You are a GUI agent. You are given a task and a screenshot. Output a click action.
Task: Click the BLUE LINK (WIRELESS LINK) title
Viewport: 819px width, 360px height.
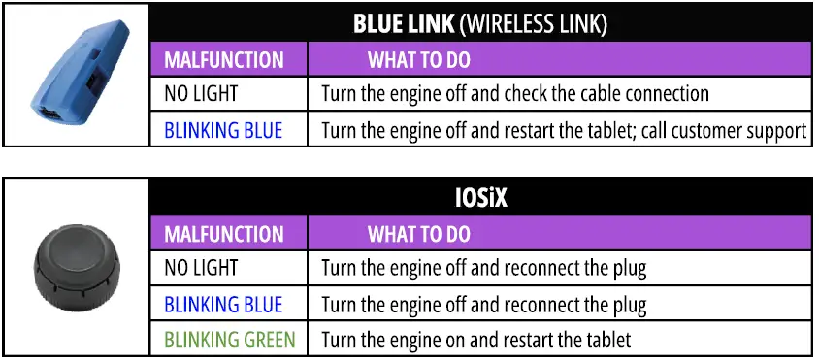click(479, 23)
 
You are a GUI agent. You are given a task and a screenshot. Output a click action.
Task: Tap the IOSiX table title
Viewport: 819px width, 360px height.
click(479, 200)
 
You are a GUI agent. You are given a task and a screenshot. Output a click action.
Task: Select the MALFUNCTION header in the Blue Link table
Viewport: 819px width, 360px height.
click(224, 60)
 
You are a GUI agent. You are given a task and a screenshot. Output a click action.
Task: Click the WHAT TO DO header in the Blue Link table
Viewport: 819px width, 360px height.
click(418, 60)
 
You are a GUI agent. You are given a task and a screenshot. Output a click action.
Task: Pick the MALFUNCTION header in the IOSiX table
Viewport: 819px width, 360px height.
click(224, 235)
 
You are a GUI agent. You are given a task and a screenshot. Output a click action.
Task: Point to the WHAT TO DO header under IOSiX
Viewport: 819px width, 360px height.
click(418, 235)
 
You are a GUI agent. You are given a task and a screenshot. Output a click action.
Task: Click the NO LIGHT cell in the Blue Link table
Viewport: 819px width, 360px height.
click(201, 94)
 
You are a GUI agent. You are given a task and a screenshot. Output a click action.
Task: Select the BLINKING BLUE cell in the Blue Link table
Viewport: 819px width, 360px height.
click(223, 130)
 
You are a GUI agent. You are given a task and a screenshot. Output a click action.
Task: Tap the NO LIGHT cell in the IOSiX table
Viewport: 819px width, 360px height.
click(201, 268)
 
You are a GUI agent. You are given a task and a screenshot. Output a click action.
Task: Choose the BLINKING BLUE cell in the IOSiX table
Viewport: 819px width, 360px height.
click(223, 305)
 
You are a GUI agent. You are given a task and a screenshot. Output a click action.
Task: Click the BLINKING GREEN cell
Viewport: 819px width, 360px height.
click(230, 341)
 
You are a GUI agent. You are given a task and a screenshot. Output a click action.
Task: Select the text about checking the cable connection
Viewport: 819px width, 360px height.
click(514, 94)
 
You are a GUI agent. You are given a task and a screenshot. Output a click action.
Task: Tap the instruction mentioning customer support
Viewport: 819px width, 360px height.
click(564, 130)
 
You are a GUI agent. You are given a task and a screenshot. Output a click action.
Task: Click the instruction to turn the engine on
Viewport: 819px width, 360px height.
click(475, 341)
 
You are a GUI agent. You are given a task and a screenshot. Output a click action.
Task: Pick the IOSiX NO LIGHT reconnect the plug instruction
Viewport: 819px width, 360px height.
click(483, 268)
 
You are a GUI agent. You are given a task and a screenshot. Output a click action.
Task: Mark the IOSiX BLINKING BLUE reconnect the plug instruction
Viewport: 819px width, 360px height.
click(483, 305)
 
